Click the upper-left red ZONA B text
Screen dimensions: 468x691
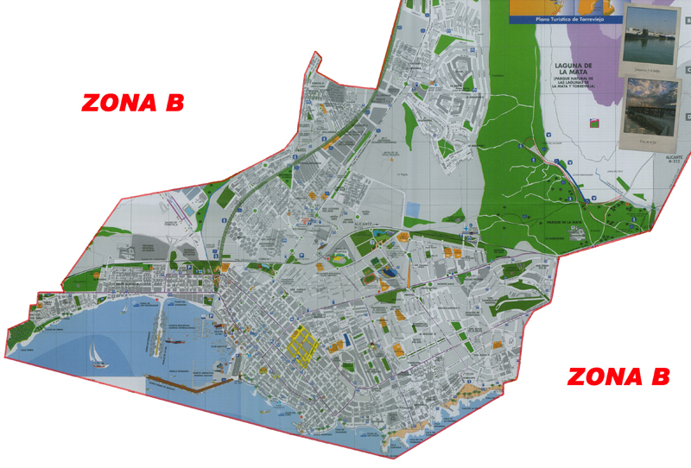coord(132,103)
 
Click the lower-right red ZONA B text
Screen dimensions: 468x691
coord(618,376)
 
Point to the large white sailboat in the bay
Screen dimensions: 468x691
coord(98,354)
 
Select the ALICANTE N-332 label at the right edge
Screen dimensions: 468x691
coord(675,159)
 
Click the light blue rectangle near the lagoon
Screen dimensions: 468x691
coord(412,209)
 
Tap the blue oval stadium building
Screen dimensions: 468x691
coord(390,272)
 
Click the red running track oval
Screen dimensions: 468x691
coord(339,256)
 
